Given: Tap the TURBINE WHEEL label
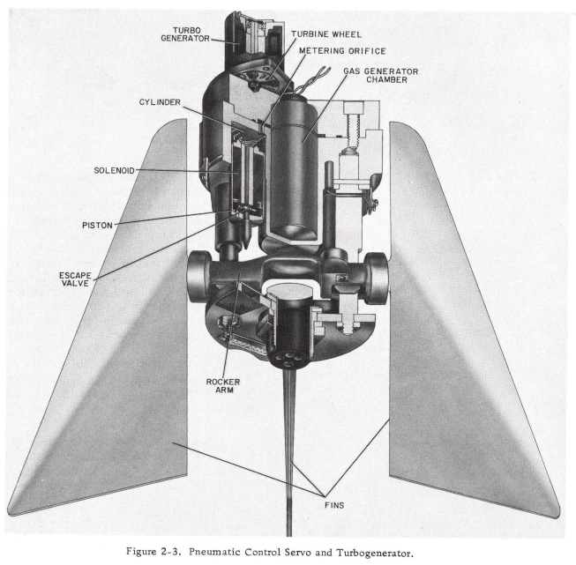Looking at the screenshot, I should [326, 33].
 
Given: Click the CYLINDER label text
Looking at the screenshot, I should [160, 102].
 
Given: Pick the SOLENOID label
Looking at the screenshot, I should [115, 171].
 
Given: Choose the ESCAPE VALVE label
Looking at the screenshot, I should [76, 279].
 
